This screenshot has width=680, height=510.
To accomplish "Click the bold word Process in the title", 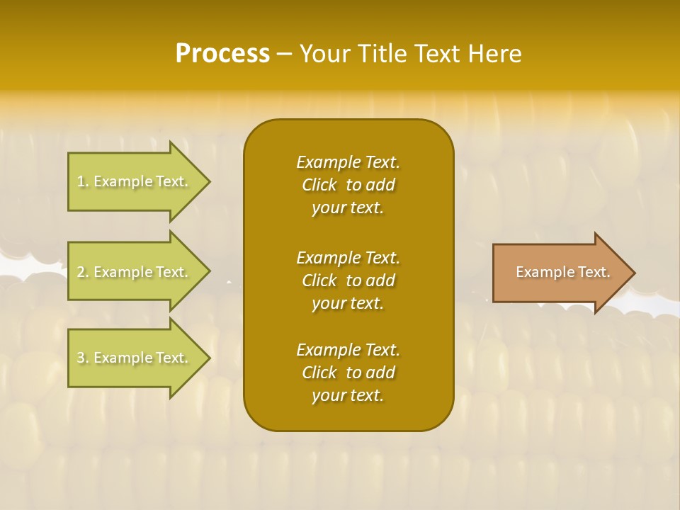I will [x=222, y=53].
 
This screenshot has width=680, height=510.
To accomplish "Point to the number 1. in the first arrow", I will [x=83, y=181].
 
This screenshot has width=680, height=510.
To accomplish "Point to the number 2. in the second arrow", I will [x=83, y=272].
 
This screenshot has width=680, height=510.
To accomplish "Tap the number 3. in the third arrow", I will [x=83, y=358].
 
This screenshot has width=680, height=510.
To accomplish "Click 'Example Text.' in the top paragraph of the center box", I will [x=348, y=162].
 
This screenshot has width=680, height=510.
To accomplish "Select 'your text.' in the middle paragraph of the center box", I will [x=348, y=303].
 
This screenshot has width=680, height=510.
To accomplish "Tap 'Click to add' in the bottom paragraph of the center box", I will [x=348, y=373].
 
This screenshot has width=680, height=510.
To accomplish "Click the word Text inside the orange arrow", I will [x=594, y=272].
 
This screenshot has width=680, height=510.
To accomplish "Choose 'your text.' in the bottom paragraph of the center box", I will [x=348, y=395].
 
